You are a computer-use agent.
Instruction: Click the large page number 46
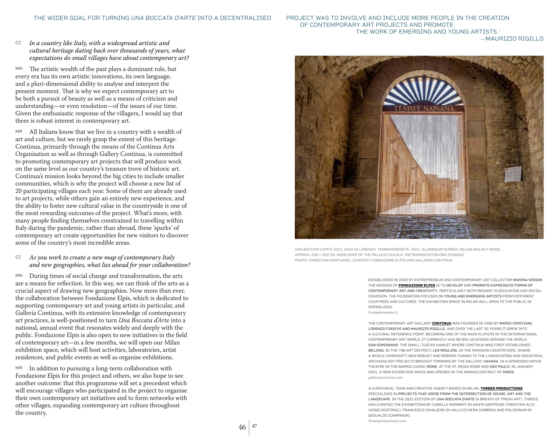pos(242,427)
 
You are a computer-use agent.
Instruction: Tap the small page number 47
pos(254,426)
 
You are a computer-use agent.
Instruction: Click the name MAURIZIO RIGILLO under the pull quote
pos(514,39)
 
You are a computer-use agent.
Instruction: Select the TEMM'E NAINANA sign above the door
pos(424,109)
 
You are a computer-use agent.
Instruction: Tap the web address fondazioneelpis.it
pos(383,313)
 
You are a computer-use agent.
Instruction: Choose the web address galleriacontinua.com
pos(385,377)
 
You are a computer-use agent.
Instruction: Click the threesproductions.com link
pos(387,421)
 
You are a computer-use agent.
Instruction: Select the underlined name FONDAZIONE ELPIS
pos(417,285)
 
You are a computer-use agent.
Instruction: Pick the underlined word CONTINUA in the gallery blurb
pos(441,323)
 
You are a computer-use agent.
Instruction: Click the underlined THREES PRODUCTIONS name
pos(501,389)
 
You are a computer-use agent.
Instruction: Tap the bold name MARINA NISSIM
pos(528,280)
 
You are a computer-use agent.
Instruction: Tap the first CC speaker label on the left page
pos(18,43)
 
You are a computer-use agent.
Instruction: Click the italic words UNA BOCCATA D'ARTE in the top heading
pos(163,18)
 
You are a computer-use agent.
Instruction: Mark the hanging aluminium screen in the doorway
pos(424,163)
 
